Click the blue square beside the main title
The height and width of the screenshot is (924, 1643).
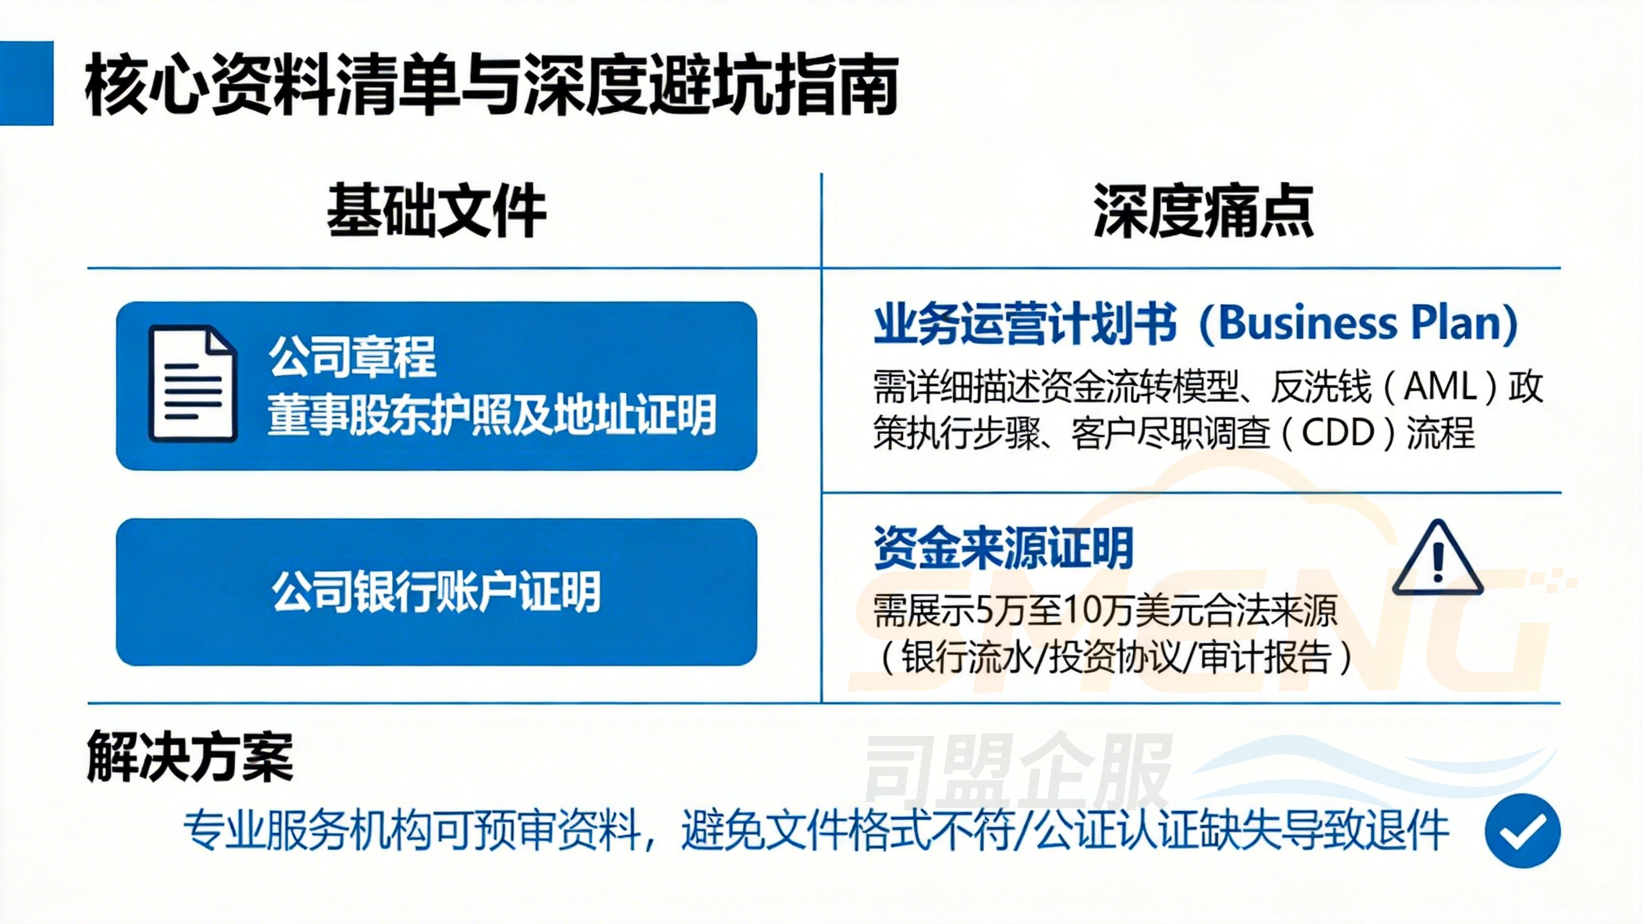click(x=26, y=83)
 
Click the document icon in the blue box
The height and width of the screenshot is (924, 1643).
click(x=193, y=384)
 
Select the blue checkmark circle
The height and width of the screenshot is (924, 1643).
click(x=1522, y=830)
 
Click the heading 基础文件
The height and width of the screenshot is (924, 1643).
click(x=436, y=210)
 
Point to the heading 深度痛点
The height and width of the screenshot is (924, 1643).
click(x=1203, y=210)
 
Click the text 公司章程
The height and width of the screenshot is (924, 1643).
click(x=352, y=357)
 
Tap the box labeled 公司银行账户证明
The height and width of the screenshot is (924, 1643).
click(x=436, y=592)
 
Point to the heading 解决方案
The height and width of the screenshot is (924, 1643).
click(x=190, y=757)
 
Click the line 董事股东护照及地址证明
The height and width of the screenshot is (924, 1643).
click(x=492, y=415)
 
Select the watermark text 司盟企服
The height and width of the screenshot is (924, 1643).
click(x=1017, y=773)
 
